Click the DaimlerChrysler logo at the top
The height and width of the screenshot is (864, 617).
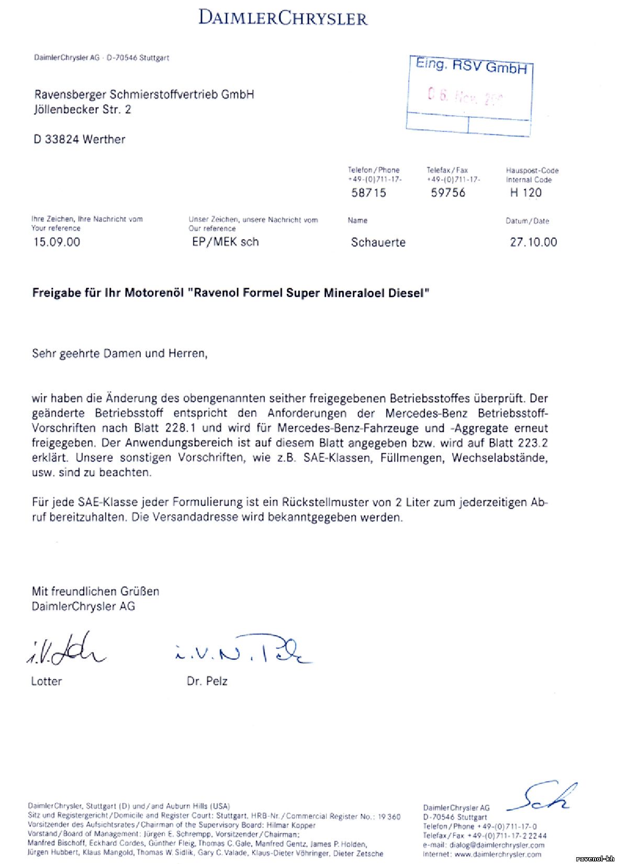coord(283,18)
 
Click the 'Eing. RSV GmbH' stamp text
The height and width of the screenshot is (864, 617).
coord(471,66)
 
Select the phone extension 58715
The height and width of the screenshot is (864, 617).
coord(368,193)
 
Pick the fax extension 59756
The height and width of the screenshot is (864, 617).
coord(448,193)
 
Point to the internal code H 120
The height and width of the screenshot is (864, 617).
coord(526,193)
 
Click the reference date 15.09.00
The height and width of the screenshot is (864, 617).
coord(57,242)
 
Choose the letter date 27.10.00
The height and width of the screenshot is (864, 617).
coord(533,242)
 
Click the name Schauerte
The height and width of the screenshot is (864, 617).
coord(378,242)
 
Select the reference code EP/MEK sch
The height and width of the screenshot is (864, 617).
coord(225,242)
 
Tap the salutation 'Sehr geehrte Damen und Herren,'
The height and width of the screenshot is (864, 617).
coord(120,353)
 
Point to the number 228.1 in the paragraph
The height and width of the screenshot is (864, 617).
coord(183,428)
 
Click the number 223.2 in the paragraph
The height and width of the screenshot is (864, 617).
coord(533,443)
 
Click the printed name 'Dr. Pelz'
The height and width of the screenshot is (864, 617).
coord(207,681)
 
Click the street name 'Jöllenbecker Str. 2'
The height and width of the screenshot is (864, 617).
coord(83,109)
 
